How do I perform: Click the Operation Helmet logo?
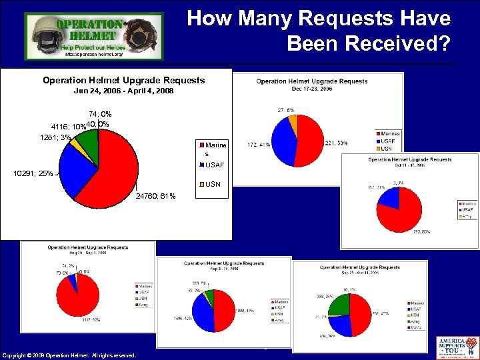coord(93,37)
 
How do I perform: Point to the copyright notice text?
coord(69,355)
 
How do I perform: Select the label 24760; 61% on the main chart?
coord(155,196)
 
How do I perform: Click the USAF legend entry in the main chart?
coord(214,165)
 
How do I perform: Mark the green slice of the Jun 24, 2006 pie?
coord(91,136)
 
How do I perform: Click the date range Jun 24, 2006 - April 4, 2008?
coord(123,90)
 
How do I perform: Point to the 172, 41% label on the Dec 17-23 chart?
coord(258,144)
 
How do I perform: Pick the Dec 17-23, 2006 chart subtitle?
coord(311,88)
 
